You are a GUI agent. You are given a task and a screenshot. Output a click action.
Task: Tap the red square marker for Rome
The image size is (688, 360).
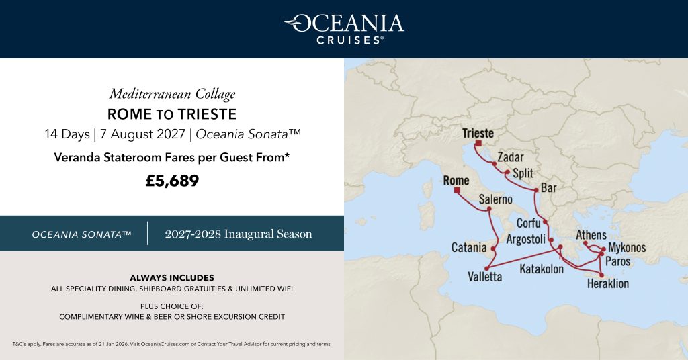click(x=457, y=191)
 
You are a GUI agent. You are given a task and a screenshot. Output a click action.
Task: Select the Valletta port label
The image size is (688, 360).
click(x=485, y=277)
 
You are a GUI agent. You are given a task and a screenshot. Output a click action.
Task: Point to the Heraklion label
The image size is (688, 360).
click(x=608, y=284)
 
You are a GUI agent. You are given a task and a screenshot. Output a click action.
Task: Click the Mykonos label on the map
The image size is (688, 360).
click(x=627, y=248)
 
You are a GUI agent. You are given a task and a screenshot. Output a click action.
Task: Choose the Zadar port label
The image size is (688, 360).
click(x=511, y=158)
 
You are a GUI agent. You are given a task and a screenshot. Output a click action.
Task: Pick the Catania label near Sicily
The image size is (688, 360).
click(x=469, y=248)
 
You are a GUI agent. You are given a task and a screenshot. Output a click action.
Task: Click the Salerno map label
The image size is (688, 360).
click(x=496, y=199)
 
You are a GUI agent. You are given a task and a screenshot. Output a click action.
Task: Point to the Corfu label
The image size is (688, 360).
click(x=529, y=223)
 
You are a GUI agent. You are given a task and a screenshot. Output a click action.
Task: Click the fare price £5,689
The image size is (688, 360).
click(x=172, y=181)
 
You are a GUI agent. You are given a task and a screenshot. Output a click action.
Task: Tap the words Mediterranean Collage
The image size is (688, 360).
click(x=172, y=94)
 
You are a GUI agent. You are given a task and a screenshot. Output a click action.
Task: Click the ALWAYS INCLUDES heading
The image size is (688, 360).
click(x=172, y=277)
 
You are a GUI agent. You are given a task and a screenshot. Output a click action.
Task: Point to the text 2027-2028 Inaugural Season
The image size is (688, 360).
click(x=239, y=234)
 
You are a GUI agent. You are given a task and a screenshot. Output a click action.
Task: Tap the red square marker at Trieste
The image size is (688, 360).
click(x=478, y=143)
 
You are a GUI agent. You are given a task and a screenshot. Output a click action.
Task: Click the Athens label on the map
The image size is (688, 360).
click(x=591, y=235)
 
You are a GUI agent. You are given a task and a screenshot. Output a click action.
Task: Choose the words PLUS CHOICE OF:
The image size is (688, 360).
click(x=172, y=305)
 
